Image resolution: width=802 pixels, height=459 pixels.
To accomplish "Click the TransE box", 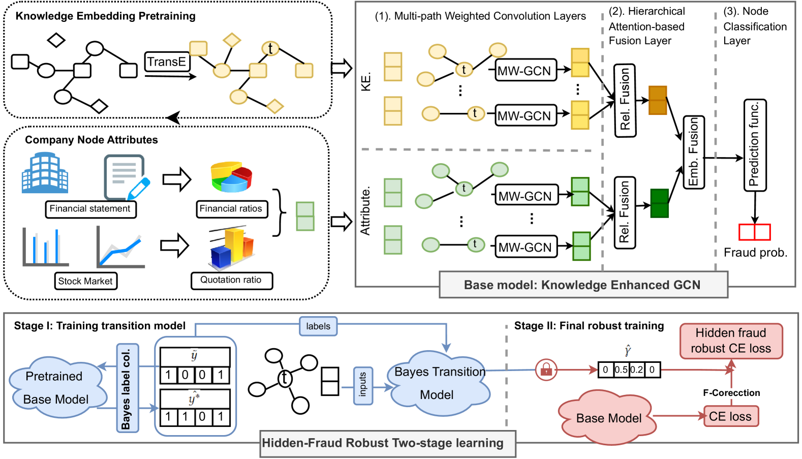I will [x=167, y=62].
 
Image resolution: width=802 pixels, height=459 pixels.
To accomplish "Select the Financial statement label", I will [x=90, y=209].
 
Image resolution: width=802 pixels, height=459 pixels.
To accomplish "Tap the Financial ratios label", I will [x=231, y=209].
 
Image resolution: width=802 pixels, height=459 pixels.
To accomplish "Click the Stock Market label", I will [x=85, y=281].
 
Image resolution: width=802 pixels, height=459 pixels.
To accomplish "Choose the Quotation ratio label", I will [x=231, y=280].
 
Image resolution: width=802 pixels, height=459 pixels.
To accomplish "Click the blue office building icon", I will [x=45, y=174].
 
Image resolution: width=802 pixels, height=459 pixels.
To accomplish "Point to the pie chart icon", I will [x=232, y=177].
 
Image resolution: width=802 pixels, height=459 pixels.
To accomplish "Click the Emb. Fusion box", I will [x=694, y=152].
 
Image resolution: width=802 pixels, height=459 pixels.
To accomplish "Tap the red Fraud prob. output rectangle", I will [x=755, y=232].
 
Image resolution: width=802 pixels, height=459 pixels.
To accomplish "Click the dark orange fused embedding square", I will [x=658, y=100].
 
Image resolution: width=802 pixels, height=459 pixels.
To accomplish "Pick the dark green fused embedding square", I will [x=660, y=203].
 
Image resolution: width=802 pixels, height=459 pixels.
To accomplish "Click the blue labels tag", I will [x=318, y=326].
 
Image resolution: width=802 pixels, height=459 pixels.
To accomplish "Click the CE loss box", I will [x=730, y=416].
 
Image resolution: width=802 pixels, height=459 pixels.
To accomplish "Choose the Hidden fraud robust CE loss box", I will [x=731, y=341].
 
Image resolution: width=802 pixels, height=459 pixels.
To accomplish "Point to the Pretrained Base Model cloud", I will [x=56, y=387].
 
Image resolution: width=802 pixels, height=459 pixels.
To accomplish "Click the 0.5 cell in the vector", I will [x=621, y=370].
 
